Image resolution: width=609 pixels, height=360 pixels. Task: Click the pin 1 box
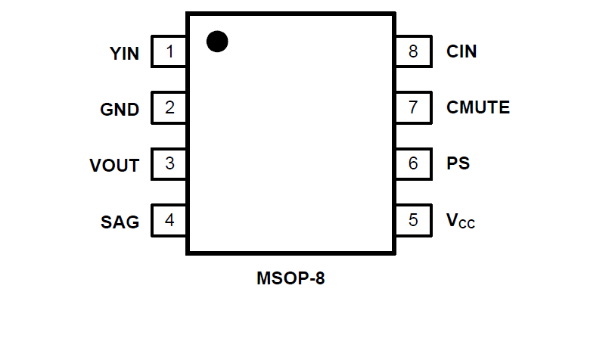click(x=169, y=52)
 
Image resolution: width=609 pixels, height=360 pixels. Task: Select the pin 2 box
click(x=169, y=107)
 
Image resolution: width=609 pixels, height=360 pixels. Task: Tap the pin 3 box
click(x=169, y=163)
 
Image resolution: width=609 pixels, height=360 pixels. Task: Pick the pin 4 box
click(x=169, y=220)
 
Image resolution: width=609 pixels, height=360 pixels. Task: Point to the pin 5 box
click(x=412, y=220)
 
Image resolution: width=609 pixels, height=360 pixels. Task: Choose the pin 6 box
click(x=412, y=163)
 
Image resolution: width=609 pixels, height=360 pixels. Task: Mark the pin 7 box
click(x=412, y=107)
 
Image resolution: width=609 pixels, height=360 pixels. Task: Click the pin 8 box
click(x=412, y=52)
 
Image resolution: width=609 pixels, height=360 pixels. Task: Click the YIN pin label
click(x=125, y=54)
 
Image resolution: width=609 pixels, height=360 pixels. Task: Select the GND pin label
click(x=120, y=110)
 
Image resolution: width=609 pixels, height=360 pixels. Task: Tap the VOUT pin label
click(x=114, y=166)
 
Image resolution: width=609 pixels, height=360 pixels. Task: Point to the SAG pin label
click(x=120, y=222)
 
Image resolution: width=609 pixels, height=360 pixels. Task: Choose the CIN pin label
click(x=461, y=52)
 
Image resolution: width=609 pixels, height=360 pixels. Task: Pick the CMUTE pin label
click(x=478, y=107)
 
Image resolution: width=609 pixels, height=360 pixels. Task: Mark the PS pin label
click(x=458, y=163)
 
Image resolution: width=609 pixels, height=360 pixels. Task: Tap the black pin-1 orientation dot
click(x=217, y=42)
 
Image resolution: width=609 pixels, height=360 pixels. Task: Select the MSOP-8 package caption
click(x=291, y=278)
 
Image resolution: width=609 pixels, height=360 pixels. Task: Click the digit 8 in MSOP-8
click(x=320, y=278)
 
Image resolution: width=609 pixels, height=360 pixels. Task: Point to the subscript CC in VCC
click(x=466, y=224)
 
